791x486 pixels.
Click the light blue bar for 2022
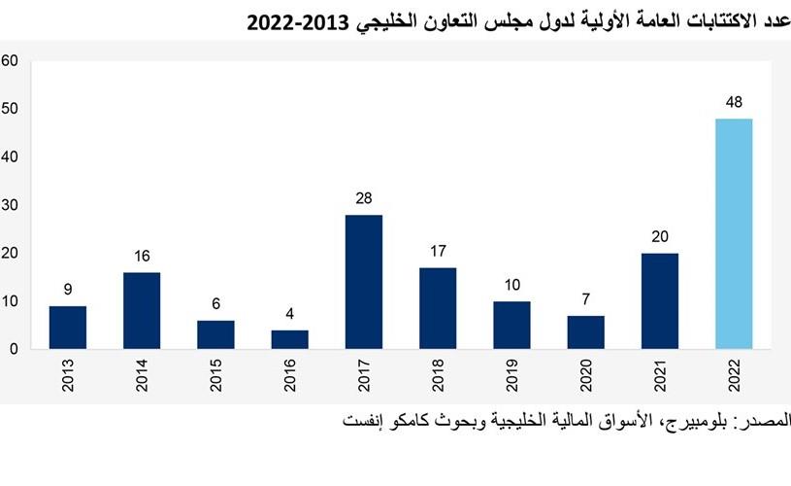coord(734,233)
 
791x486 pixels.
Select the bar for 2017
coord(364,282)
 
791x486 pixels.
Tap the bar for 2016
coord(289,339)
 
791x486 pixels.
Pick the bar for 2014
coord(142,310)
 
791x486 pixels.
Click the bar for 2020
coord(586,331)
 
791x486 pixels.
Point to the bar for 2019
coord(511,325)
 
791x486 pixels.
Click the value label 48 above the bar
coord(734,102)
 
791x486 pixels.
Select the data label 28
coord(364,198)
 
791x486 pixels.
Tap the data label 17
coord(438,251)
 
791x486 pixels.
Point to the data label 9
coord(68,289)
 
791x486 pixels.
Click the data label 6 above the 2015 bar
coord(215,303)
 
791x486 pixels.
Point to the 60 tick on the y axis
coord(11,60)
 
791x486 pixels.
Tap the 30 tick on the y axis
coord(11,204)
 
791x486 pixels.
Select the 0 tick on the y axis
coord(15,348)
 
